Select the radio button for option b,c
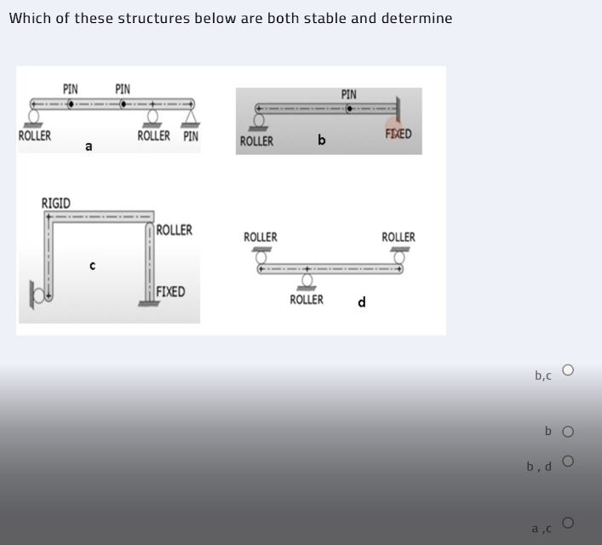[568, 370]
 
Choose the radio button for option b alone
[568, 432]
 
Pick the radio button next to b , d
[568, 462]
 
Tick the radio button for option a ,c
[568, 521]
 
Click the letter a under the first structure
[89, 147]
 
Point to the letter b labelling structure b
[321, 140]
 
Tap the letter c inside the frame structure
[93, 266]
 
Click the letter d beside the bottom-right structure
[362, 302]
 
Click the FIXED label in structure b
[398, 135]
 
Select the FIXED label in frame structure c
[170, 292]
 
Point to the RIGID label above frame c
[56, 203]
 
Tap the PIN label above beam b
[349, 95]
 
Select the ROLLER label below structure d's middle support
[307, 300]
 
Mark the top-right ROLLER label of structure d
[398, 237]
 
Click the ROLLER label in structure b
[256, 141]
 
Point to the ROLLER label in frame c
[175, 230]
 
